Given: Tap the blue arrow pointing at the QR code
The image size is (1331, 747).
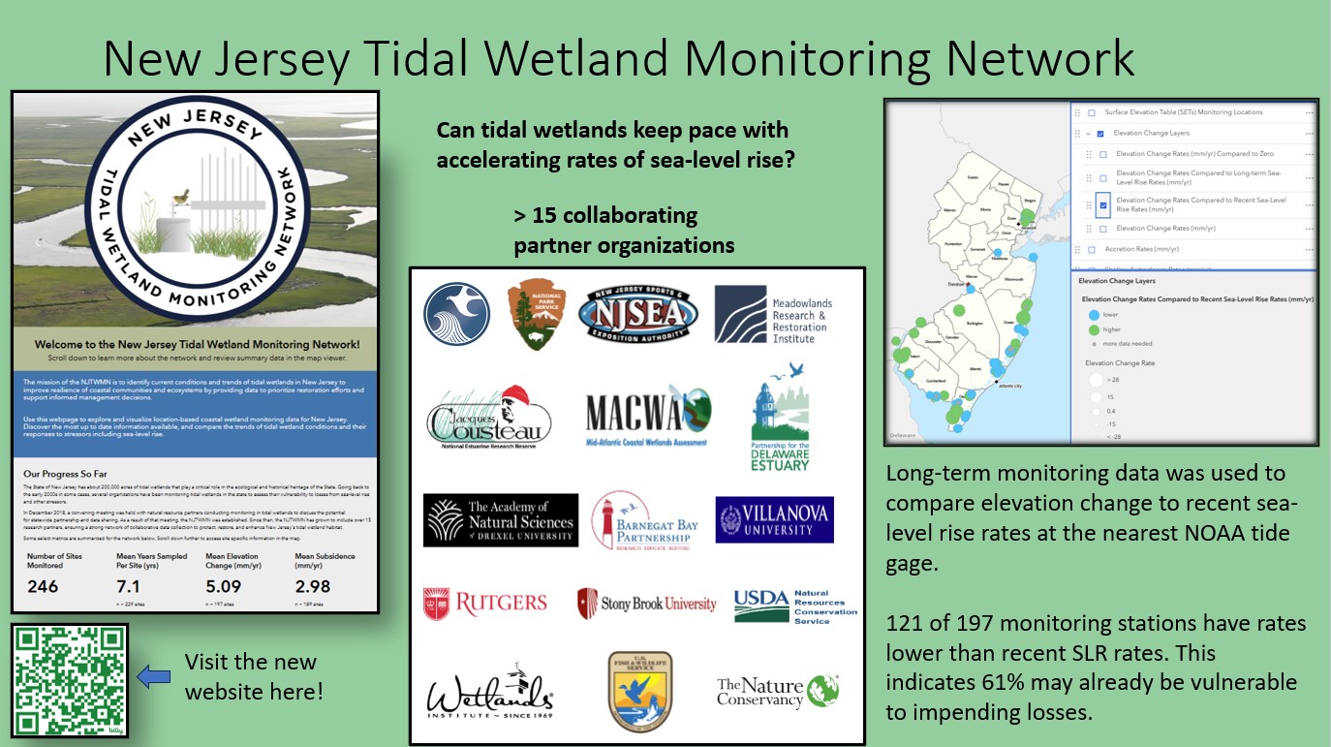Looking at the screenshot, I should pyautogui.click(x=155, y=676).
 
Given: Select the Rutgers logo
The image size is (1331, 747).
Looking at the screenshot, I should pyautogui.click(x=485, y=604).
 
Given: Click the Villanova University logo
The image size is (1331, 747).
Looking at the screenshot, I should pyautogui.click(x=774, y=518).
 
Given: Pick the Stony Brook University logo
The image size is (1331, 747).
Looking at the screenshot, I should pyautogui.click(x=646, y=604).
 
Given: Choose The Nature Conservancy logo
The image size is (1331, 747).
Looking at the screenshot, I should pyautogui.click(x=777, y=692).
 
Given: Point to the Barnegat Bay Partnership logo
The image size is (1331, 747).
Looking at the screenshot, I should pyautogui.click(x=644, y=519).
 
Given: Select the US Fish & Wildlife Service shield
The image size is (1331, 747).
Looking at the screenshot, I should pyautogui.click(x=639, y=691).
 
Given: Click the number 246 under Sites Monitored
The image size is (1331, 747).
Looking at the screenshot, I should pyautogui.click(x=43, y=586).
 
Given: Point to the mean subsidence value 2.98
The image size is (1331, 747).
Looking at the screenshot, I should pyautogui.click(x=314, y=586).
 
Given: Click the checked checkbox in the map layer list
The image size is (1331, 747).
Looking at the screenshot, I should pyautogui.click(x=1102, y=204).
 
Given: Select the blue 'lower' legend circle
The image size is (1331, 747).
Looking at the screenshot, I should pyautogui.click(x=1094, y=315).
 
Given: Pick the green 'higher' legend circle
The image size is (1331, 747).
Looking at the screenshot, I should pyautogui.click(x=1094, y=329).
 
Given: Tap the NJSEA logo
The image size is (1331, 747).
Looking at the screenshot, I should pyautogui.click(x=638, y=313).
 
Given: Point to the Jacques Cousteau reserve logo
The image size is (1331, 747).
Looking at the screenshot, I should pyautogui.click(x=488, y=418).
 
